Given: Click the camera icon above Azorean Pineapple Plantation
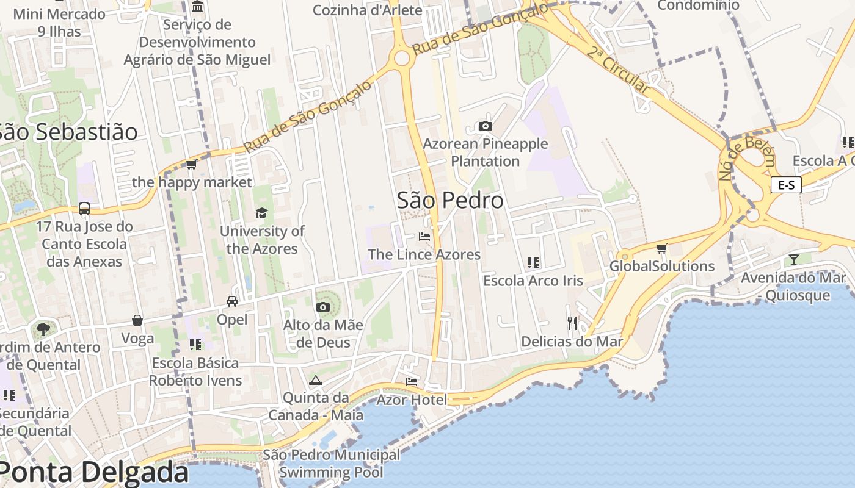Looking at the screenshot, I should click(486, 126).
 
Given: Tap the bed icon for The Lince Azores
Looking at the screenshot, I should click(424, 237).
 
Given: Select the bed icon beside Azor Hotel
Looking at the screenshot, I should click(412, 382).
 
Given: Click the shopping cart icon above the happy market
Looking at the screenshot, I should click(191, 165).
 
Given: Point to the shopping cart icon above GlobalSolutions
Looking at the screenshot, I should click(661, 248).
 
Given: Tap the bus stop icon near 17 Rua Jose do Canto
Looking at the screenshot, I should click(84, 209).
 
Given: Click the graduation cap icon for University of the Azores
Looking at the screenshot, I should click(261, 213).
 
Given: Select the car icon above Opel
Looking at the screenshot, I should click(232, 301).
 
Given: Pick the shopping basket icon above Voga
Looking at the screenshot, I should click(137, 320).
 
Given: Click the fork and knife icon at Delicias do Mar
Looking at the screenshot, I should click(572, 323).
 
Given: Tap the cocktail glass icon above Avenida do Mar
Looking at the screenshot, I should click(793, 260).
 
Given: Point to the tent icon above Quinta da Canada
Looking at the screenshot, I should click(315, 381).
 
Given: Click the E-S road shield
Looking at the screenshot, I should click(786, 185).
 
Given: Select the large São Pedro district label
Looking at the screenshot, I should click(450, 200).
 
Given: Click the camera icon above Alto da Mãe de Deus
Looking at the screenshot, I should click(323, 307).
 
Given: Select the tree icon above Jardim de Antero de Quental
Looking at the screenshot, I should click(43, 329).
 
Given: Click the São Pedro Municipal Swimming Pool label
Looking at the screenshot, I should click(332, 463).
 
